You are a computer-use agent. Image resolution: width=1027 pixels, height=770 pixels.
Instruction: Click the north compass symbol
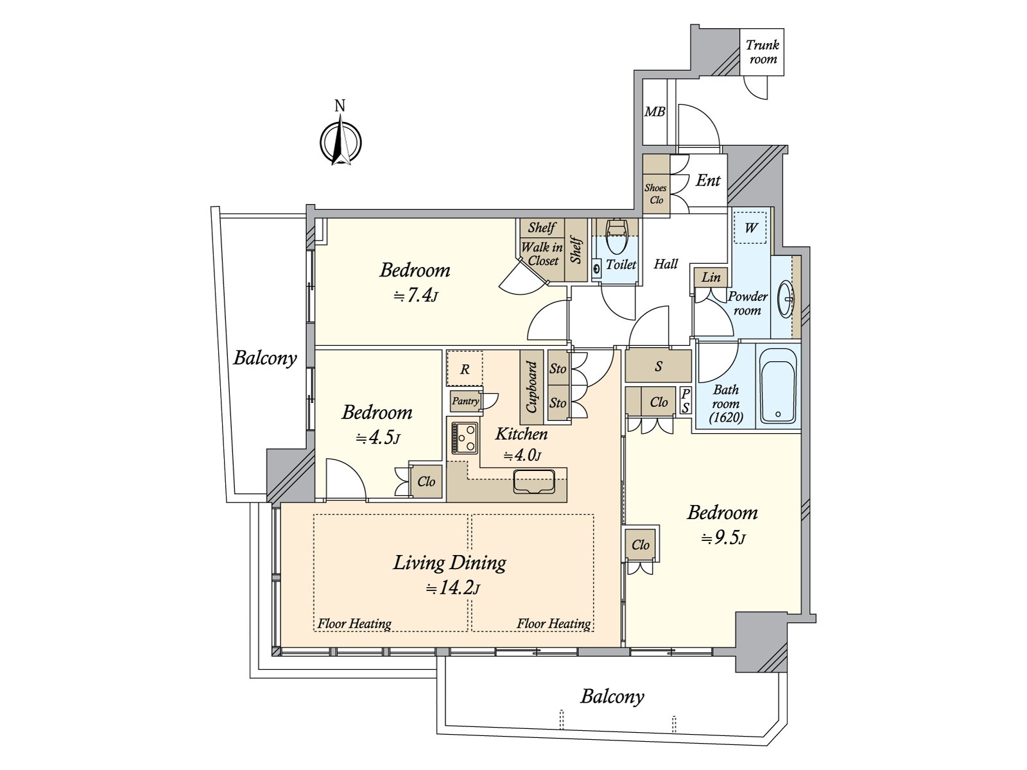click(x=340, y=141)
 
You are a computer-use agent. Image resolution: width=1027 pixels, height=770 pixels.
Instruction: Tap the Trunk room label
click(x=762, y=52)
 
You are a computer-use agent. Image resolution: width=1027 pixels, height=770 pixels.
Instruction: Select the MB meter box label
click(x=655, y=112)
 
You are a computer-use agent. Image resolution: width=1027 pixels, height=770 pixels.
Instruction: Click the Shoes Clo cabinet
click(x=656, y=184)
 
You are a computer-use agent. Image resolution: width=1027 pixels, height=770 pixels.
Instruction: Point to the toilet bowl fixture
click(x=617, y=236)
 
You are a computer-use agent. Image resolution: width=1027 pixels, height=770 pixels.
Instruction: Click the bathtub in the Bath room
click(x=777, y=386)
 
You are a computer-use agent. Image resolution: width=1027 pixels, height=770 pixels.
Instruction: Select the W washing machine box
click(x=750, y=228)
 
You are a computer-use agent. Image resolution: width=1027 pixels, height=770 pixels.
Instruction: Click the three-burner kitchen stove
click(x=465, y=438)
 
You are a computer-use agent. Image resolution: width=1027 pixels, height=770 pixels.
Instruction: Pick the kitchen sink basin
click(x=534, y=481)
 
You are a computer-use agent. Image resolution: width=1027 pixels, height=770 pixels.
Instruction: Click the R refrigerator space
click(x=465, y=369)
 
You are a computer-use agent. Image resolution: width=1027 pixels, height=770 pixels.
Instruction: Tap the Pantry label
click(x=465, y=401)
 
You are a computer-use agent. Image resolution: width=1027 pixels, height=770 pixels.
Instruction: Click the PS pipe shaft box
click(x=685, y=401)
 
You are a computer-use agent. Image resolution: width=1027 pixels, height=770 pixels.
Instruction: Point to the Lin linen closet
click(x=711, y=277)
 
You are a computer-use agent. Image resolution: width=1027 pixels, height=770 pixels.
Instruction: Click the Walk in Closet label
click(x=542, y=254)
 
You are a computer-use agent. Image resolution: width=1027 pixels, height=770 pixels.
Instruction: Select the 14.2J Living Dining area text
click(x=453, y=588)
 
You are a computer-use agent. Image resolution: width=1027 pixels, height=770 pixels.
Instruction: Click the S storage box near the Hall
click(x=659, y=366)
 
